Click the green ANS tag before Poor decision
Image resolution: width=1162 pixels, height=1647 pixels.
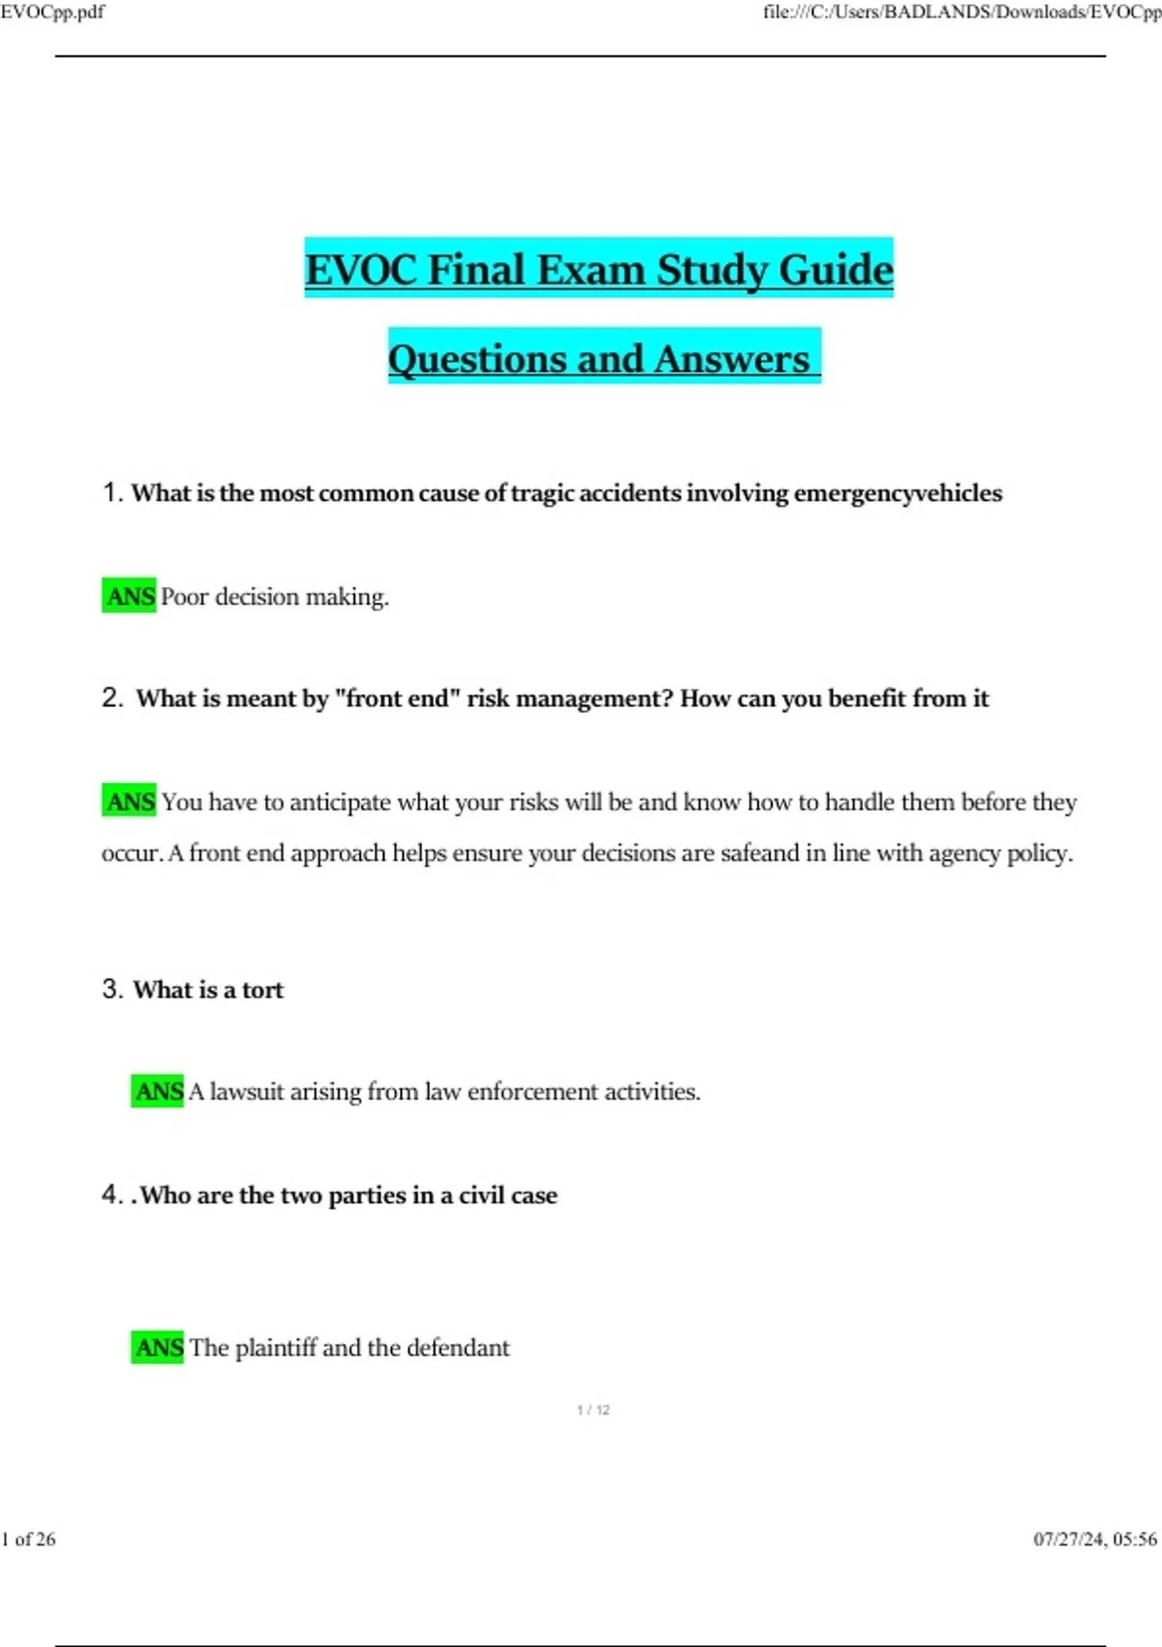[130, 597]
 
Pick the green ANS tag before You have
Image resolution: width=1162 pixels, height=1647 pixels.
[130, 802]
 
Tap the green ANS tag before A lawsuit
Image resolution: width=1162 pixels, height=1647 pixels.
[158, 1092]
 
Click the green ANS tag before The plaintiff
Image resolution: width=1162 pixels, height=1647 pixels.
[158, 1348]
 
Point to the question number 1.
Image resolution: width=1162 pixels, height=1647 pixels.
[111, 493]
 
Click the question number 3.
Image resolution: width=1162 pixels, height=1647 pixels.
[111, 989]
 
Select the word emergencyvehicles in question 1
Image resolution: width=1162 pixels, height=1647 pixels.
[898, 493]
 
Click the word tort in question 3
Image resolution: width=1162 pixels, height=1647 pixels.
[262, 990]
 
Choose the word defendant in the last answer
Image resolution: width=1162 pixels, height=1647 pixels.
[458, 1348]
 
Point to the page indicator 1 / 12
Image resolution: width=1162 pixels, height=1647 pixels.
[593, 1410]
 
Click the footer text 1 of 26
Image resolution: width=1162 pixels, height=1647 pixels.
[29, 1538]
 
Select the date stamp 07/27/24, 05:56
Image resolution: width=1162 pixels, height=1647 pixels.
[1094, 1538]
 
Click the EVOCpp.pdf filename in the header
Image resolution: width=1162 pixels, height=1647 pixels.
[52, 12]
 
